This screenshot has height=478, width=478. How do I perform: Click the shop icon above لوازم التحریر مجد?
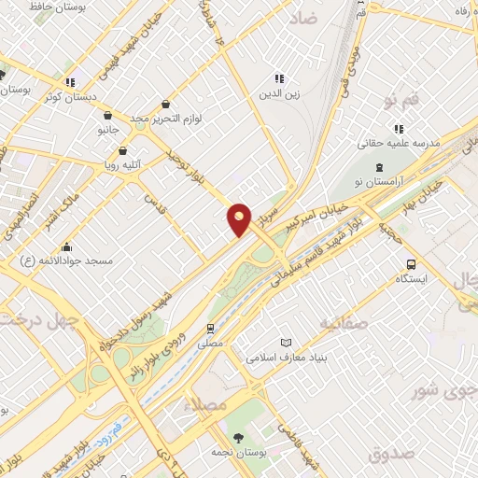coord(165,104)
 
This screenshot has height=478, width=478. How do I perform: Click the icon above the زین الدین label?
coord(277,79)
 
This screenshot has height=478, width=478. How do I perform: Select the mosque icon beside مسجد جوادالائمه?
coord(66,247)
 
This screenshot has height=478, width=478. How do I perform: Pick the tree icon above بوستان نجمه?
coord(238,437)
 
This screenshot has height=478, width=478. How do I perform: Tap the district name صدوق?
coord(390,454)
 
